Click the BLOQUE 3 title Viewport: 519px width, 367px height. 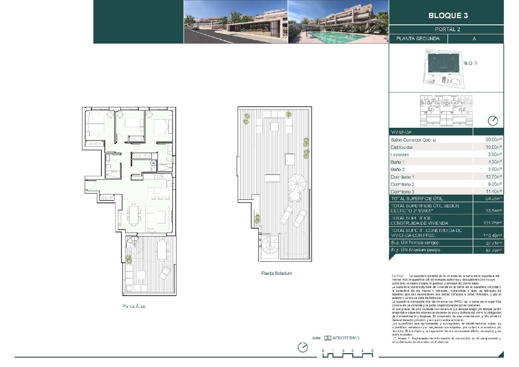click(448, 16)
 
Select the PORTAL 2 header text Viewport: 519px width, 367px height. click(447, 29)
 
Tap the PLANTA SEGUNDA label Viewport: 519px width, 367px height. click(418, 38)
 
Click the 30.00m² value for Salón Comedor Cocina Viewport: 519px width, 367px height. click(493, 140)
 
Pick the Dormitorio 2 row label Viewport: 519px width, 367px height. click(402, 184)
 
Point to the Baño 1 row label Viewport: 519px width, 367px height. click(398, 162)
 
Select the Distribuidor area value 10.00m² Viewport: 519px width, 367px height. click(493, 147)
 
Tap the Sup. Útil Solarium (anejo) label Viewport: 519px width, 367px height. click(415, 250)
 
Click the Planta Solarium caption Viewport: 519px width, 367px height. click(276, 273)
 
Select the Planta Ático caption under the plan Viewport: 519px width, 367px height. click(134, 306)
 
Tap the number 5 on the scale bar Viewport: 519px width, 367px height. click(372, 351)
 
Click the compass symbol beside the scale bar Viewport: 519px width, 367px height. click(303, 347)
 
